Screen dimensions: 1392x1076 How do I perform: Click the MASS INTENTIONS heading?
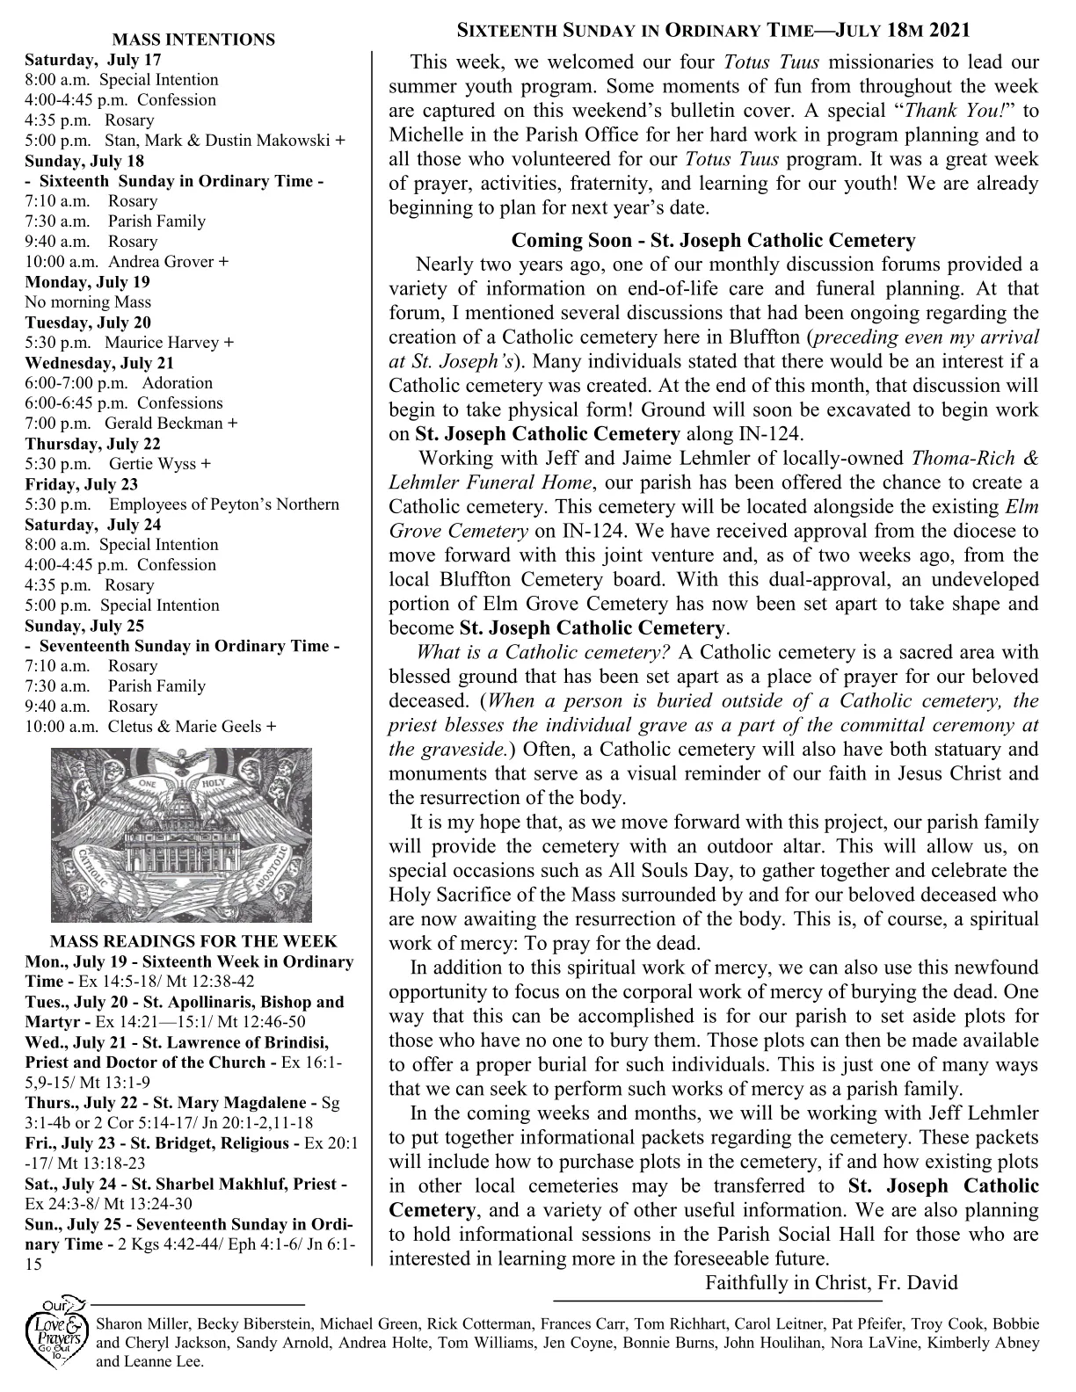point(193,40)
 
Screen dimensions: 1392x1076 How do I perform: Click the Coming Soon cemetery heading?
point(713,240)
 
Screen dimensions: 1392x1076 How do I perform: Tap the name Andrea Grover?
point(162,262)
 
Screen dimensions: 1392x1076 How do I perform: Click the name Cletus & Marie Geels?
point(185,727)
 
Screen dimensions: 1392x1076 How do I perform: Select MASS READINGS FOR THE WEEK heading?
point(193,941)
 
